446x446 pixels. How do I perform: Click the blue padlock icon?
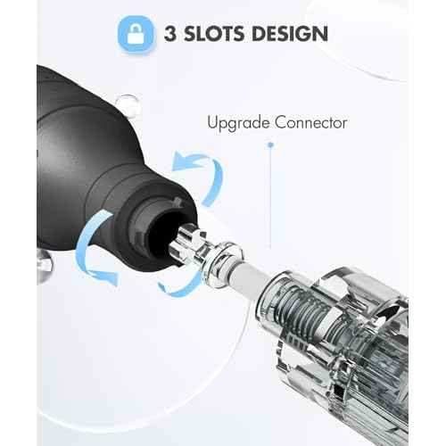136,35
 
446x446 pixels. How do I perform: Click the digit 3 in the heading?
170,33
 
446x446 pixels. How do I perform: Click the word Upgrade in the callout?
239,123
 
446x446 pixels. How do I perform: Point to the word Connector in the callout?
311,122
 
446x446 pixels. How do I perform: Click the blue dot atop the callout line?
270,145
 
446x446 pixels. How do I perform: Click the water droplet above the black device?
128,103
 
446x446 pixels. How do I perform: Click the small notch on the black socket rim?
178,202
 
